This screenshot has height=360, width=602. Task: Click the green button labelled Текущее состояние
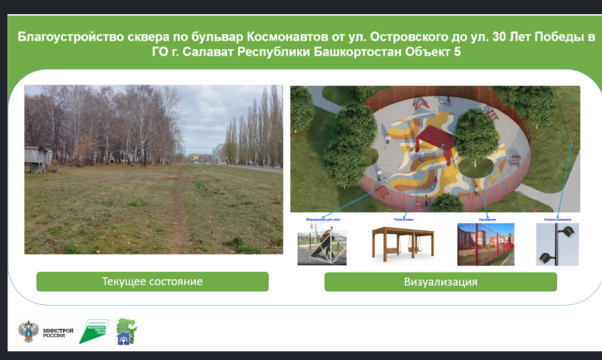tap(152, 281)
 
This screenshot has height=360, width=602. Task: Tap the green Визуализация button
tap(440, 281)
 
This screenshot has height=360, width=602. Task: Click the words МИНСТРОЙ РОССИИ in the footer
tap(58, 332)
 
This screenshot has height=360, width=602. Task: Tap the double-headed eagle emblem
tap(28, 332)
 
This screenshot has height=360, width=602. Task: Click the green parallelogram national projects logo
tap(93, 331)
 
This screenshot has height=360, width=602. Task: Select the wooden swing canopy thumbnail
tap(402, 244)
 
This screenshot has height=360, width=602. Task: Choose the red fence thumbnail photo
tap(485, 244)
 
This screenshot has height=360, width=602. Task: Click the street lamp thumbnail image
tap(557, 244)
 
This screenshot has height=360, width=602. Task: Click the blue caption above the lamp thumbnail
tap(557, 219)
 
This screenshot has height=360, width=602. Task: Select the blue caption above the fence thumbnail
tap(486, 219)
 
